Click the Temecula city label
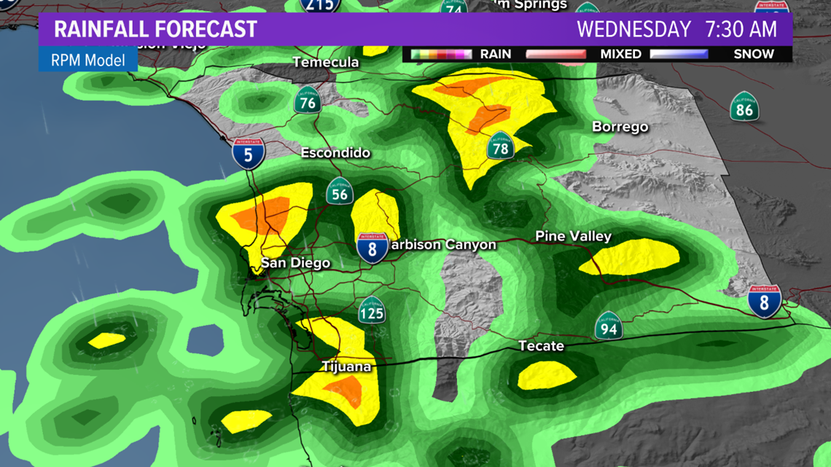(326, 63)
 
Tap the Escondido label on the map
(336, 154)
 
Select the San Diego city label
(295, 263)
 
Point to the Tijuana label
(346, 366)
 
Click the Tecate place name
(541, 346)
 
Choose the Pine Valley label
(573, 237)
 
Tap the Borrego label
(620, 127)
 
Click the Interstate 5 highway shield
(249, 154)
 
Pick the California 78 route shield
(501, 146)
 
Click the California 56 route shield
(340, 192)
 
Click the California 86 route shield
(744, 108)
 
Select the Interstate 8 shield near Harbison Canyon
(372, 248)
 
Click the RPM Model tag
(88, 60)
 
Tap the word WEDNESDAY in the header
(633, 30)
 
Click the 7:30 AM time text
(747, 30)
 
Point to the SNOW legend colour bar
(679, 54)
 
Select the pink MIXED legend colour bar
(555, 54)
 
